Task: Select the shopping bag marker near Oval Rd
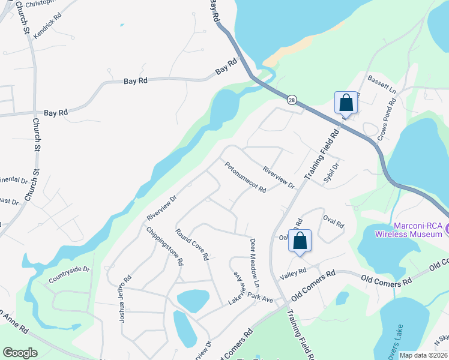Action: click(300, 241)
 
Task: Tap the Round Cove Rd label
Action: click(192, 244)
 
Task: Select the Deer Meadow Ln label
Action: click(254, 262)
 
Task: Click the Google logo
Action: click(20, 353)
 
